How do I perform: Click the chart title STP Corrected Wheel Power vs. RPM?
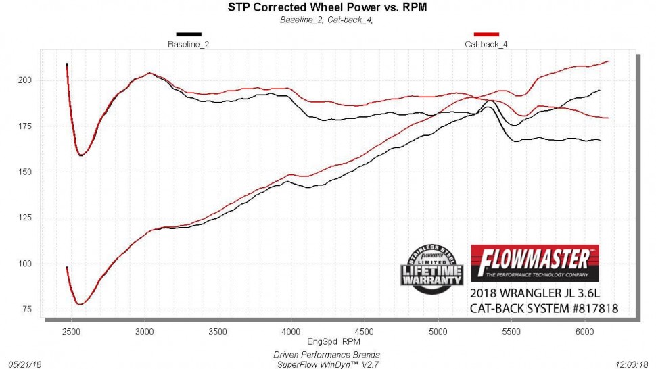[x=327, y=7]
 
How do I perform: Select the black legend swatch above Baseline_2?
[x=189, y=34]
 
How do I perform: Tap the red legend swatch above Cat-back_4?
[x=486, y=34]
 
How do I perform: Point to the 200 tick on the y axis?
[x=32, y=80]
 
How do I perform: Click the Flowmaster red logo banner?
[x=534, y=262]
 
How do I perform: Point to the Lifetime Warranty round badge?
[x=433, y=268]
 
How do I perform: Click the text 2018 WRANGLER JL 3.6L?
[x=535, y=294]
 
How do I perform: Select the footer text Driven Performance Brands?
[x=327, y=354]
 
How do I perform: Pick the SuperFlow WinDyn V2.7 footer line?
[x=327, y=364]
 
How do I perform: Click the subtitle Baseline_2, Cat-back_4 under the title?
[x=327, y=20]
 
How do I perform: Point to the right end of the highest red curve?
[x=609, y=62]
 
